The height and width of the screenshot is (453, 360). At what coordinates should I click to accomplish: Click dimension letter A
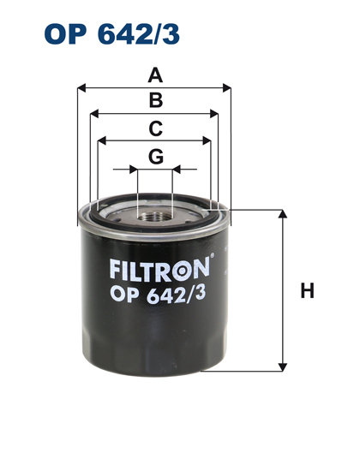[x=155, y=75]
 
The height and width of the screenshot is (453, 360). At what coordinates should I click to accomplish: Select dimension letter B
[x=155, y=101]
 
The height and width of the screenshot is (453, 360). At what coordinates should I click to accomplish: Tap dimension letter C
[x=155, y=128]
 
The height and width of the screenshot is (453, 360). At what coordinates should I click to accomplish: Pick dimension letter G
[x=155, y=157]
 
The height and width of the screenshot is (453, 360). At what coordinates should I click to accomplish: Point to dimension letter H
[x=307, y=291]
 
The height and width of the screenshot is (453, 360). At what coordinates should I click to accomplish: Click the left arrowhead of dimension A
[x=81, y=87]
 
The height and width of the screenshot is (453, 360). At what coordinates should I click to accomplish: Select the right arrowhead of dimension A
[x=229, y=87]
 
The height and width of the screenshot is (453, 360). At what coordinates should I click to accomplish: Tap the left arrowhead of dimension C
[x=102, y=140]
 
